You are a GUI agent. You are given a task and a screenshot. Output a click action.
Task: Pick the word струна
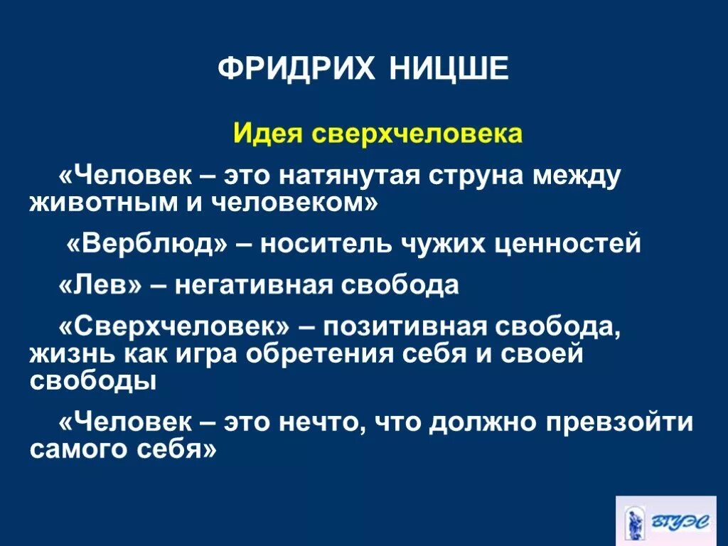pos(483,176)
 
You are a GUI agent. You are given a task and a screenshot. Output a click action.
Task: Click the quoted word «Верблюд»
pos(148,245)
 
